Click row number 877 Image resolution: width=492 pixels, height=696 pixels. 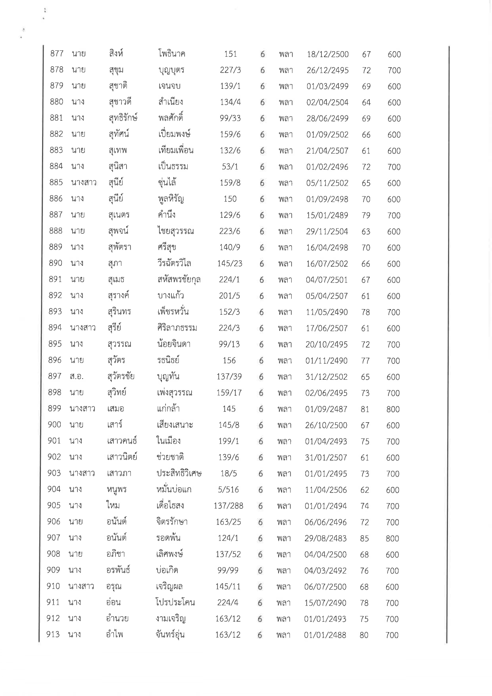click(x=57, y=54)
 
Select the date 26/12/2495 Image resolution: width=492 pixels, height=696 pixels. click(x=327, y=70)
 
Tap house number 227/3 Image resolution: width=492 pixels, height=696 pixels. click(x=230, y=70)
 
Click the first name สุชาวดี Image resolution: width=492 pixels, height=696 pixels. click(x=119, y=102)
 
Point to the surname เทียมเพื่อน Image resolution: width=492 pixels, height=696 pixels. click(x=175, y=150)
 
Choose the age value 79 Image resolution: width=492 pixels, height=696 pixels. click(x=365, y=215)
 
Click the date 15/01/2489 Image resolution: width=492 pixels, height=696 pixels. click(x=327, y=215)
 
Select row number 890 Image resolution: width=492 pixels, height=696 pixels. click(x=56, y=263)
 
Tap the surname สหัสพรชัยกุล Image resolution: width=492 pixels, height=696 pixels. click(x=179, y=280)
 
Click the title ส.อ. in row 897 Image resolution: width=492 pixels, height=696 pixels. click(x=76, y=377)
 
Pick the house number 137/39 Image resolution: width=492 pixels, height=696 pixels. click(x=229, y=377)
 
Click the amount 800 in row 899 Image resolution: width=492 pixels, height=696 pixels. click(x=393, y=409)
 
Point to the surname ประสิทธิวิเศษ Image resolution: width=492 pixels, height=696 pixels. click(x=179, y=473)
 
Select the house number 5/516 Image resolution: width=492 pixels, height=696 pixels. click(x=229, y=490)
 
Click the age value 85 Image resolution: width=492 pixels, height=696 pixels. click(x=364, y=538)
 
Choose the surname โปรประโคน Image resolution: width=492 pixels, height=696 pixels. click(x=175, y=603)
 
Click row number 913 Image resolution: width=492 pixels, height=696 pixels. click(x=53, y=635)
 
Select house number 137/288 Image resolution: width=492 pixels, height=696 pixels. click(x=228, y=506)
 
